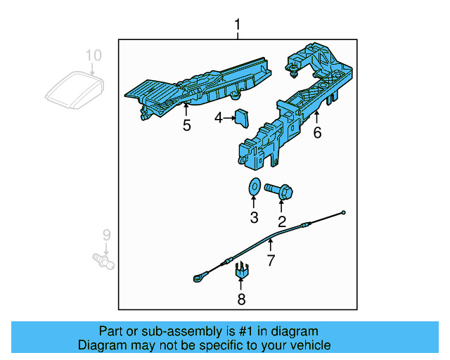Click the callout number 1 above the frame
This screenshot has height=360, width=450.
pyautogui.click(x=237, y=26)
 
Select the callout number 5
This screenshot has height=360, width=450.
pyautogui.click(x=186, y=126)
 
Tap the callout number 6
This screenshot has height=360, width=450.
pyautogui.click(x=317, y=132)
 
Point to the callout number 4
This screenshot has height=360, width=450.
pyautogui.click(x=219, y=119)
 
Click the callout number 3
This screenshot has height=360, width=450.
pyautogui.click(x=255, y=217)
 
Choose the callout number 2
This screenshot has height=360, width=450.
pyautogui.click(x=282, y=222)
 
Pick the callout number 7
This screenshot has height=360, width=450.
pyautogui.click(x=269, y=261)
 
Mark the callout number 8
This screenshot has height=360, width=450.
pyautogui.click(x=241, y=300)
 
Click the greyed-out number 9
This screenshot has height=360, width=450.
pyautogui.click(x=106, y=234)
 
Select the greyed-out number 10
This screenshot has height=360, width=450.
pyautogui.click(x=94, y=55)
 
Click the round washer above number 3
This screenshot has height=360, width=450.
pyautogui.click(x=254, y=188)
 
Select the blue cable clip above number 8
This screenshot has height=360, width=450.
pyautogui.click(x=241, y=269)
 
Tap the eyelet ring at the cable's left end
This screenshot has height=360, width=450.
pyautogui.click(x=197, y=280)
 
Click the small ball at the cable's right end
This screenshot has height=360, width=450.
pyautogui.click(x=344, y=212)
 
